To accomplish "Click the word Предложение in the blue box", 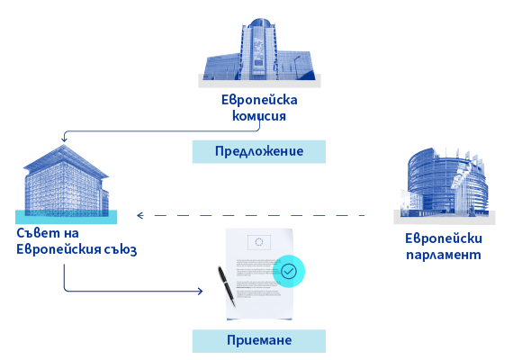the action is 259,151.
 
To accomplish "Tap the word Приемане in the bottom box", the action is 259,340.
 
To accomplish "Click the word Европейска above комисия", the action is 259,100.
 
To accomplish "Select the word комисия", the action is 259,116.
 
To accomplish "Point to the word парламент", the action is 444,255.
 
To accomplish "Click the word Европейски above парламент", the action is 444,238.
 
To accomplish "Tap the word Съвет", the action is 39,233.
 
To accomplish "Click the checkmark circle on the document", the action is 289,271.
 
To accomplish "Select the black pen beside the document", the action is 227,286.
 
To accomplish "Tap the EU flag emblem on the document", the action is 259,242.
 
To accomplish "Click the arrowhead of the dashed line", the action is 140,215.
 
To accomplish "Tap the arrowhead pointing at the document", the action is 200,291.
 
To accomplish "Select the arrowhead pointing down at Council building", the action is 64,139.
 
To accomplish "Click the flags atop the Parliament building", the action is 464,157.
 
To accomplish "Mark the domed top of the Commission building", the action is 260,22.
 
